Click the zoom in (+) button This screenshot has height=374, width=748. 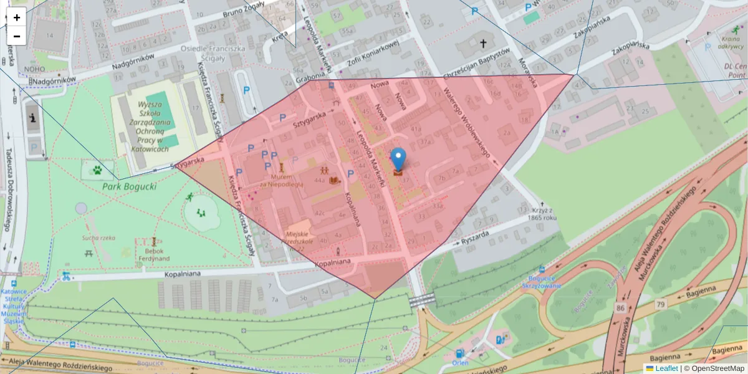(x=17, y=17)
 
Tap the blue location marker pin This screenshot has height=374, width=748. (x=398, y=158)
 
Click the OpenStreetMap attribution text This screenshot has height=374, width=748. (x=717, y=368)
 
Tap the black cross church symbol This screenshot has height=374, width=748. (x=483, y=44)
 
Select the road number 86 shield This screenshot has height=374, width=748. (x=619, y=307)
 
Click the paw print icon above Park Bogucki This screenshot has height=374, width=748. (x=98, y=169)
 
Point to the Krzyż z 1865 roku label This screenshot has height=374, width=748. (x=540, y=213)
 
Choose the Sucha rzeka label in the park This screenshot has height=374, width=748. (x=98, y=237)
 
